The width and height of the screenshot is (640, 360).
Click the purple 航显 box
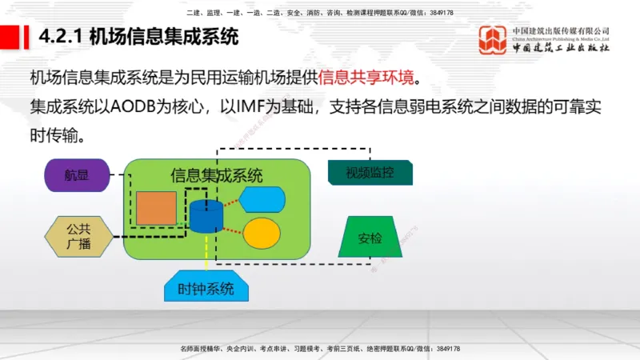pos(76,174)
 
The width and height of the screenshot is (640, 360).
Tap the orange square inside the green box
pos(155,208)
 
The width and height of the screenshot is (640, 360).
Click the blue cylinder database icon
pos(206,216)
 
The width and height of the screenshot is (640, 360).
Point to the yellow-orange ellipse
pos(261,233)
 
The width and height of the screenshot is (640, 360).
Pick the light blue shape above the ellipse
pos(262,198)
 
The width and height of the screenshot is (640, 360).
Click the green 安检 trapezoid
pos(370,237)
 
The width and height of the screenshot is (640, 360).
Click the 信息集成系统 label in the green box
pos(216,175)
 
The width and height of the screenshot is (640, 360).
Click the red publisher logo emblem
pos(492,41)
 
